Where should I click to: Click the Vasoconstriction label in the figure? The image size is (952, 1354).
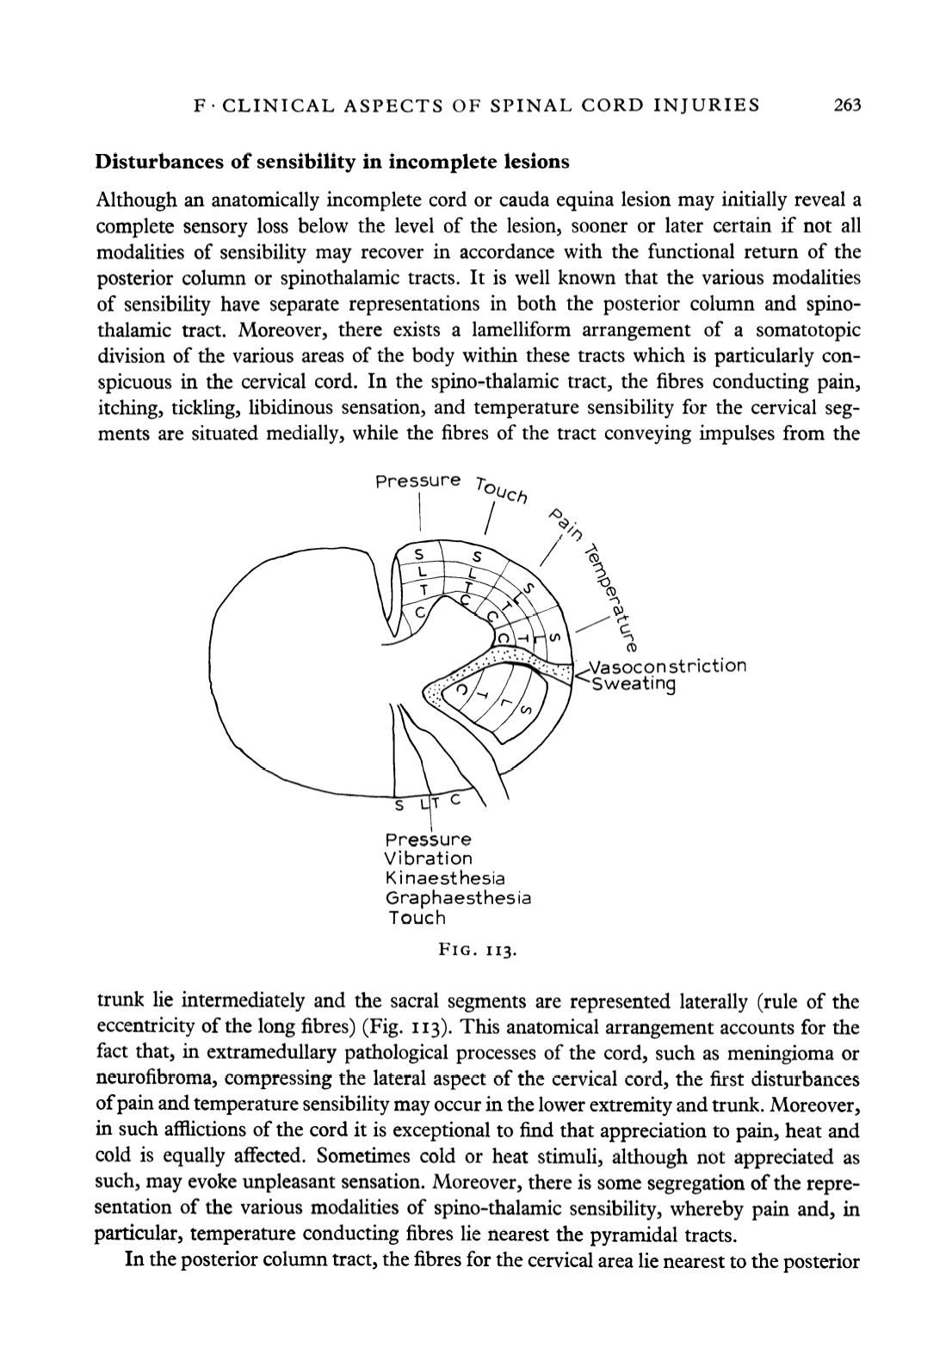[x=667, y=666]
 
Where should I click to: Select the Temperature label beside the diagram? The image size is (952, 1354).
[x=612, y=597]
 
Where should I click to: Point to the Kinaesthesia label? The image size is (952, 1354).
[x=445, y=878]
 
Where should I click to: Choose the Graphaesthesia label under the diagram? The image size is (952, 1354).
[x=458, y=898]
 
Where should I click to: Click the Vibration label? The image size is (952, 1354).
[x=428, y=859]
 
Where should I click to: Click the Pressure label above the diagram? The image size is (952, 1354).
[x=417, y=481]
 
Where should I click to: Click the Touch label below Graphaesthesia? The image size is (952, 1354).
[x=417, y=918]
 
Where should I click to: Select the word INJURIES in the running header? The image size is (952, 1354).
[x=709, y=106]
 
